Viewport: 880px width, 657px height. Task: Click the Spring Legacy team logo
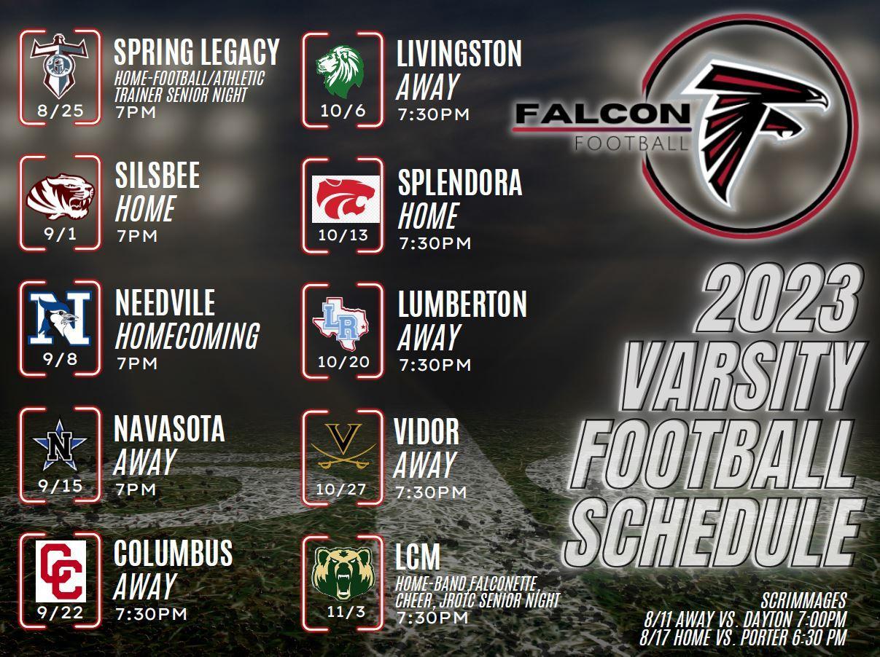(x=60, y=67)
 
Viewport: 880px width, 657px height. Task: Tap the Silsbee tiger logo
(x=61, y=195)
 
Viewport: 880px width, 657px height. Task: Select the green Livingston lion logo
(x=340, y=70)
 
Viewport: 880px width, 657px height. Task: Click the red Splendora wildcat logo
(x=345, y=199)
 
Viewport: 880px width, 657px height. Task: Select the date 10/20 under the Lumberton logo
(x=344, y=362)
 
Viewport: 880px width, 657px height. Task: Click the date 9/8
(x=61, y=359)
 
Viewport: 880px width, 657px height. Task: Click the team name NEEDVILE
(x=165, y=303)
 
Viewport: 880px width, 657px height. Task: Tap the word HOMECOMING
(x=187, y=336)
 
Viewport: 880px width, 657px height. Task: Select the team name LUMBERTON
(x=462, y=305)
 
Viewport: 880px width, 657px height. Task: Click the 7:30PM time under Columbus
(x=151, y=614)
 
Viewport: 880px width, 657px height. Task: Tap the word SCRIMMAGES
(x=803, y=601)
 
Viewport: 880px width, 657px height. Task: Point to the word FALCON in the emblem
(x=601, y=114)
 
